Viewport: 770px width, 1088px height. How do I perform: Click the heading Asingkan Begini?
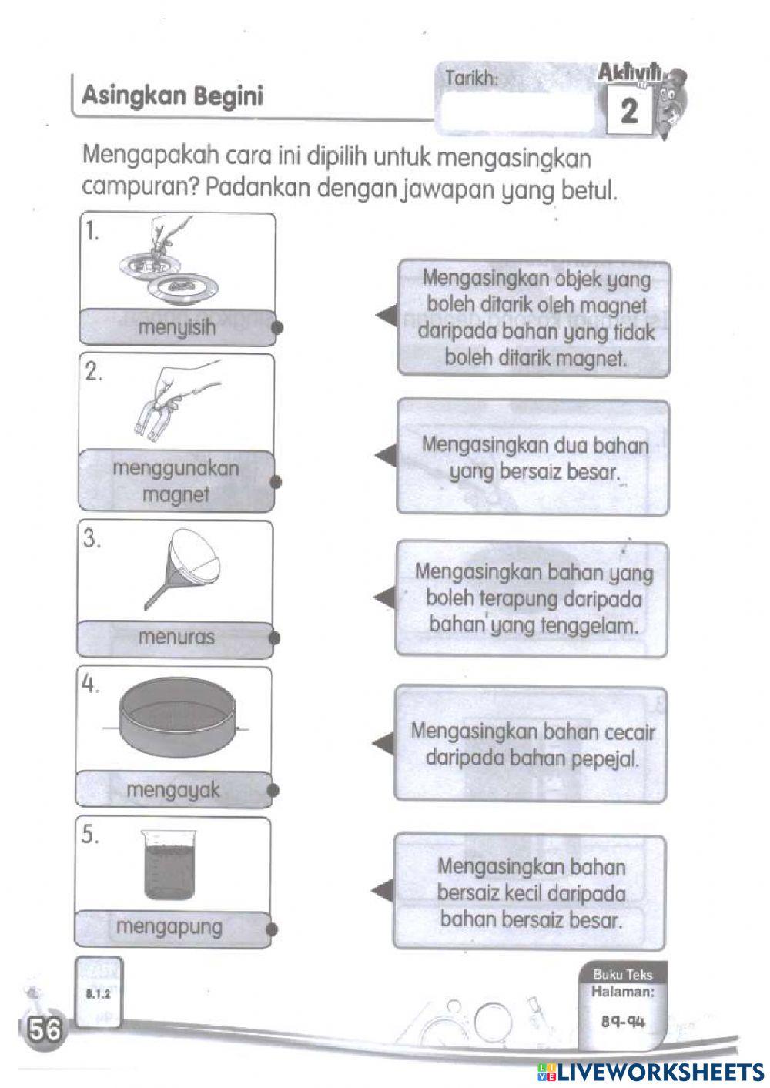[x=172, y=96]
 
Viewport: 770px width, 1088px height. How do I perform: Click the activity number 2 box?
[x=629, y=112]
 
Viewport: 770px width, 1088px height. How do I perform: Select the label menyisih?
[x=176, y=327]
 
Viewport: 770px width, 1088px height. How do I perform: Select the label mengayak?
[x=173, y=789]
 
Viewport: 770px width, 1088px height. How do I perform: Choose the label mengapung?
[x=169, y=927]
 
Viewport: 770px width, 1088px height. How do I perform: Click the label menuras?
[x=176, y=637]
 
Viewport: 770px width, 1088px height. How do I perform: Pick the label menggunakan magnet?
[x=176, y=481]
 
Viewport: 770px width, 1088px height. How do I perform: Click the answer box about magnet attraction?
[x=534, y=318]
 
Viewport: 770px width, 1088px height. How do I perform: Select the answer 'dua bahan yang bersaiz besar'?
[x=534, y=457]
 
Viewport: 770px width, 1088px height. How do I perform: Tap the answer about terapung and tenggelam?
[x=533, y=598]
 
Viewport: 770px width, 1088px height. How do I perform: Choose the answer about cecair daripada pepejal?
[x=531, y=744]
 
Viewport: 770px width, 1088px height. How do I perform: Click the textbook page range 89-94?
[x=623, y=1022]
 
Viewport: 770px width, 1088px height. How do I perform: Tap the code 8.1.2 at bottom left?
[x=98, y=993]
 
